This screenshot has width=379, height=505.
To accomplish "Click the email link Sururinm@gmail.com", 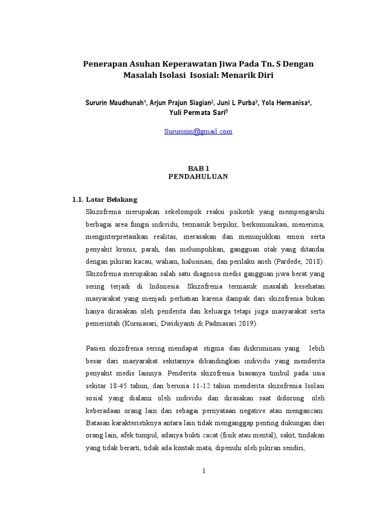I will pyautogui.click(x=198, y=132).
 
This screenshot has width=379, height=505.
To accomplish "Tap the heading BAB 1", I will pyautogui.click(x=197, y=169).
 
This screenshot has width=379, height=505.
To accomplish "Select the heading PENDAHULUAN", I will pyautogui.click(x=197, y=177).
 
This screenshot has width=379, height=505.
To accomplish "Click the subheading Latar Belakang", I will pyautogui.click(x=112, y=200).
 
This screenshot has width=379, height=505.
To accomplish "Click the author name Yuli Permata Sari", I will pyautogui.click(x=196, y=112).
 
